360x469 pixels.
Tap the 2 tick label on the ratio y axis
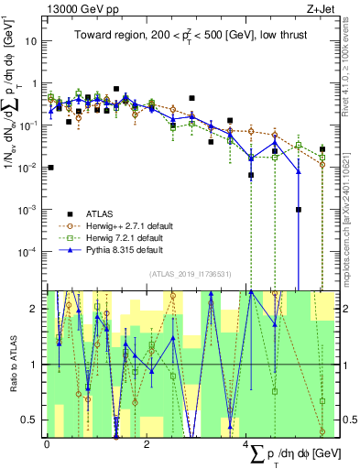(x=34, y=309)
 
